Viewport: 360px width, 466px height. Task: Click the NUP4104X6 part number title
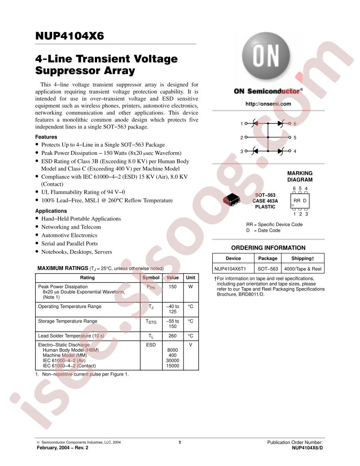point(70,36)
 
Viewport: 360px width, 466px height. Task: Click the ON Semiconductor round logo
point(266,56)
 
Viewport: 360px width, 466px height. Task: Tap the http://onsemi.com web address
point(268,104)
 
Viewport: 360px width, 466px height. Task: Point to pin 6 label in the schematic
point(295,124)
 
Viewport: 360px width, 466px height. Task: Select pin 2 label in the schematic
point(242,138)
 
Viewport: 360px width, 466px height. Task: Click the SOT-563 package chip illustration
point(231,199)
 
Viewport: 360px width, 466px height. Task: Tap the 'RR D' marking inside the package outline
point(300,201)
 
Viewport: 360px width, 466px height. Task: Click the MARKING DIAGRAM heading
point(300,176)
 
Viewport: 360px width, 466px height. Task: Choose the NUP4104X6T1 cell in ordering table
point(230,269)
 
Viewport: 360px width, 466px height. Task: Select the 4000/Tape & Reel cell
point(303,269)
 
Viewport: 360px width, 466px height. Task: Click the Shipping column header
point(303,258)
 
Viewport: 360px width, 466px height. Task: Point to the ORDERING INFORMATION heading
point(268,248)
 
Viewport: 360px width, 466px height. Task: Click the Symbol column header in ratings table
point(151,278)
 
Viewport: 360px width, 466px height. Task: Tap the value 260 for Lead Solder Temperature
point(172,336)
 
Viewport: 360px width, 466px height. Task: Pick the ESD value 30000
point(172,361)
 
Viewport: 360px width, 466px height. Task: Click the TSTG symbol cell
point(151,322)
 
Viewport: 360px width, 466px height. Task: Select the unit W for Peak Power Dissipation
point(191,286)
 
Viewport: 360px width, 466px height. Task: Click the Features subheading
point(46,137)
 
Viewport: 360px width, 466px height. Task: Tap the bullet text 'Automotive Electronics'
point(69,235)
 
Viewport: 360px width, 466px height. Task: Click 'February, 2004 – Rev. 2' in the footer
point(62,447)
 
